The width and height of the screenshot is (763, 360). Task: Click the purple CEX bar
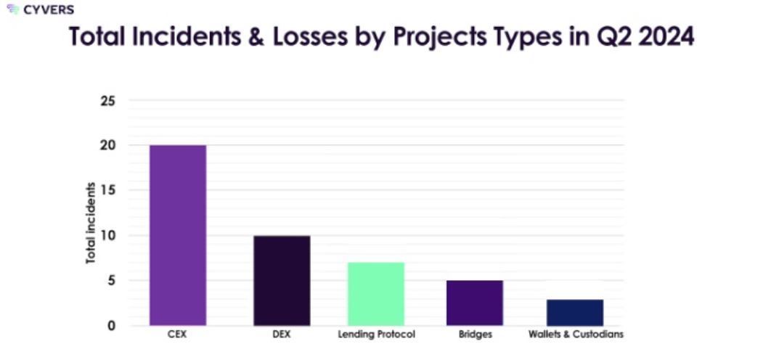[x=178, y=235]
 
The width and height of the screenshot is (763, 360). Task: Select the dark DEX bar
[x=282, y=280]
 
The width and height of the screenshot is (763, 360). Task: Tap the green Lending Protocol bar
[x=375, y=293]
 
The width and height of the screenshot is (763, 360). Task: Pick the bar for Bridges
[x=475, y=303]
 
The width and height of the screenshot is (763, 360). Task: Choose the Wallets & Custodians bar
[x=575, y=312]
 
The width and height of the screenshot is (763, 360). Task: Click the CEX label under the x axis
[x=177, y=335]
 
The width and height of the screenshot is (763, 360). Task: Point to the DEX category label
[x=282, y=335]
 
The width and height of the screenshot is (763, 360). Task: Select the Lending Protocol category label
[x=375, y=335]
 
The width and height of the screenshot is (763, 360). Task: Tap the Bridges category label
[x=475, y=335]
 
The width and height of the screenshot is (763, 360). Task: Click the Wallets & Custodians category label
[x=576, y=335]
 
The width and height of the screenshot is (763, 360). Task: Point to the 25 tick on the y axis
[x=107, y=100]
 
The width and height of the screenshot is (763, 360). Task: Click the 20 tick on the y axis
[x=107, y=145]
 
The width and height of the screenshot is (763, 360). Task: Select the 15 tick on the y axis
[x=107, y=190]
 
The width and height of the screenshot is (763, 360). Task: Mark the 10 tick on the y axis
[x=107, y=235]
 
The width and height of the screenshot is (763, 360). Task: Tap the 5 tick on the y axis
[x=111, y=280]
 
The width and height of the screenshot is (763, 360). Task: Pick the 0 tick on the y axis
[x=111, y=325]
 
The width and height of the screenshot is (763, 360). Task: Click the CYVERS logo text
[x=48, y=10]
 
